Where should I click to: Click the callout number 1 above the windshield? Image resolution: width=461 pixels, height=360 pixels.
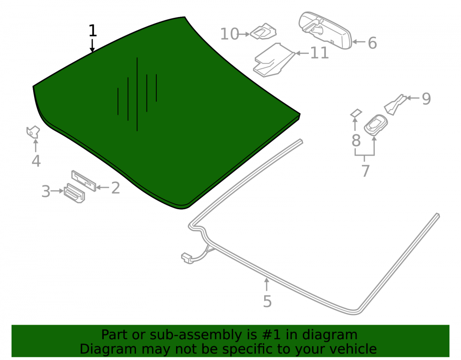click(93, 30)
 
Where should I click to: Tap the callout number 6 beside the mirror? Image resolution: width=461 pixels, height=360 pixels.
click(372, 43)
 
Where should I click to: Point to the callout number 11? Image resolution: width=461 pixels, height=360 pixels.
click(319, 53)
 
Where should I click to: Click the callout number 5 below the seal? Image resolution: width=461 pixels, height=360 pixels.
click(267, 301)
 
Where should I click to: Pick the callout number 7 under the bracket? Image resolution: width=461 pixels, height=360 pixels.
click(365, 171)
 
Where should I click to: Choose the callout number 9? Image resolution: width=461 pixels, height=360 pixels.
click(426, 99)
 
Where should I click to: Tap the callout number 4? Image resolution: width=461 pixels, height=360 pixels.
click(36, 161)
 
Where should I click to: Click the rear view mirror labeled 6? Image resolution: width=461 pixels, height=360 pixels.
click(325, 30)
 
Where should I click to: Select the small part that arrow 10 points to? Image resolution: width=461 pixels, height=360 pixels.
click(263, 31)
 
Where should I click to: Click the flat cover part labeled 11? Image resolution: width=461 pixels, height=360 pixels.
click(273, 60)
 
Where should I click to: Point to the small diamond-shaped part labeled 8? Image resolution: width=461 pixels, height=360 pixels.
click(356, 113)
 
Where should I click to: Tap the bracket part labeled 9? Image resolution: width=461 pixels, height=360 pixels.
click(396, 104)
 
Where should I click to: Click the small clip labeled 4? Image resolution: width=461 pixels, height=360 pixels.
click(33, 132)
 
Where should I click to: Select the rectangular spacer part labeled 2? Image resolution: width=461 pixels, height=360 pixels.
click(84, 181)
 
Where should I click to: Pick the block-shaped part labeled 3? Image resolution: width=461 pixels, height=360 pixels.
click(74, 194)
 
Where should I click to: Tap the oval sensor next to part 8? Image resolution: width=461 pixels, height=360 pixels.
click(375, 125)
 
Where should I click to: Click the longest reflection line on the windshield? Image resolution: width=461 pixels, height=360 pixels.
click(137, 94)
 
